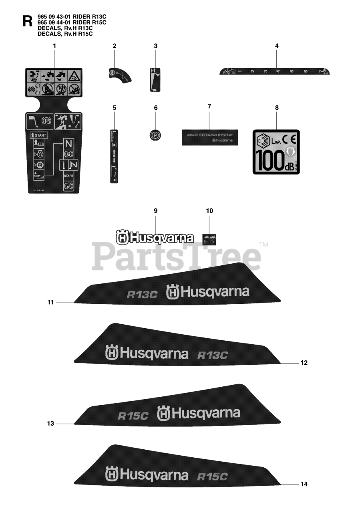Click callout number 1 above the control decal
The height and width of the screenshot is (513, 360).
pyautogui.click(x=54, y=46)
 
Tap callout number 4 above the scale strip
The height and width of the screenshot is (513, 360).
pyautogui.click(x=277, y=46)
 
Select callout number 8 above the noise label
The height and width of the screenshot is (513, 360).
pyautogui.click(x=277, y=107)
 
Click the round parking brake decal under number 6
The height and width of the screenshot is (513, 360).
pyautogui.click(x=155, y=135)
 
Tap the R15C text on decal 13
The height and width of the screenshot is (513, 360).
pyautogui.click(x=133, y=416)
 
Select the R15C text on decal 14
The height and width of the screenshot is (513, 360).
pyautogui.click(x=213, y=477)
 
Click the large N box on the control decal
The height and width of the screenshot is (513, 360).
pyautogui.click(x=68, y=144)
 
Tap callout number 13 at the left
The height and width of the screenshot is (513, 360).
pyautogui.click(x=50, y=424)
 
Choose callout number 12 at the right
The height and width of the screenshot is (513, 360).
pyautogui.click(x=304, y=363)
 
